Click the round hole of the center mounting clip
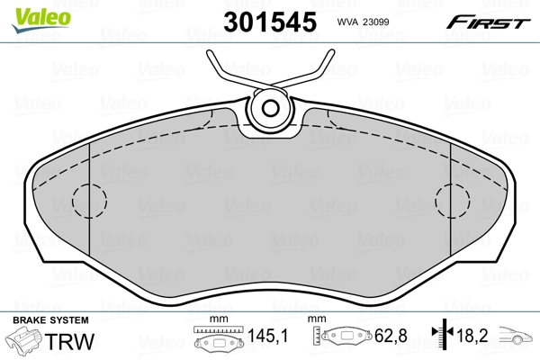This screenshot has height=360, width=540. (x=270, y=109)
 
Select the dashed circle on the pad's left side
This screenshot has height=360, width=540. (x=87, y=199)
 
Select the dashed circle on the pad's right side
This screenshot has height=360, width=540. (x=453, y=199)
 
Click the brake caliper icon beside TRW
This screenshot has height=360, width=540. (x=27, y=342)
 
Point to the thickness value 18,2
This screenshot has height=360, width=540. (x=473, y=338)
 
